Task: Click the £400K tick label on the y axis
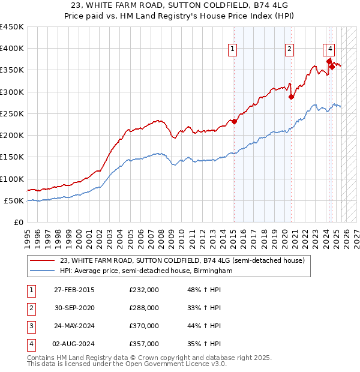12,49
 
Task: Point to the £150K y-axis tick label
12,157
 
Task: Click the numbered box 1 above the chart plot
232,50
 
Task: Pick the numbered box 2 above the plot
289,50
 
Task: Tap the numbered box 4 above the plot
331,50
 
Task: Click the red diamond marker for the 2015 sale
235,122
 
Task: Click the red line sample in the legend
42,260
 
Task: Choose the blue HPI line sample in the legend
42,271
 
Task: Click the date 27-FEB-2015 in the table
74,290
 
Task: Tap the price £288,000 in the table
144,308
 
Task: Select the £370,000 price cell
144,326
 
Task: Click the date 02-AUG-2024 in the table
74,344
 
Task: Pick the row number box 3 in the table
31,326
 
